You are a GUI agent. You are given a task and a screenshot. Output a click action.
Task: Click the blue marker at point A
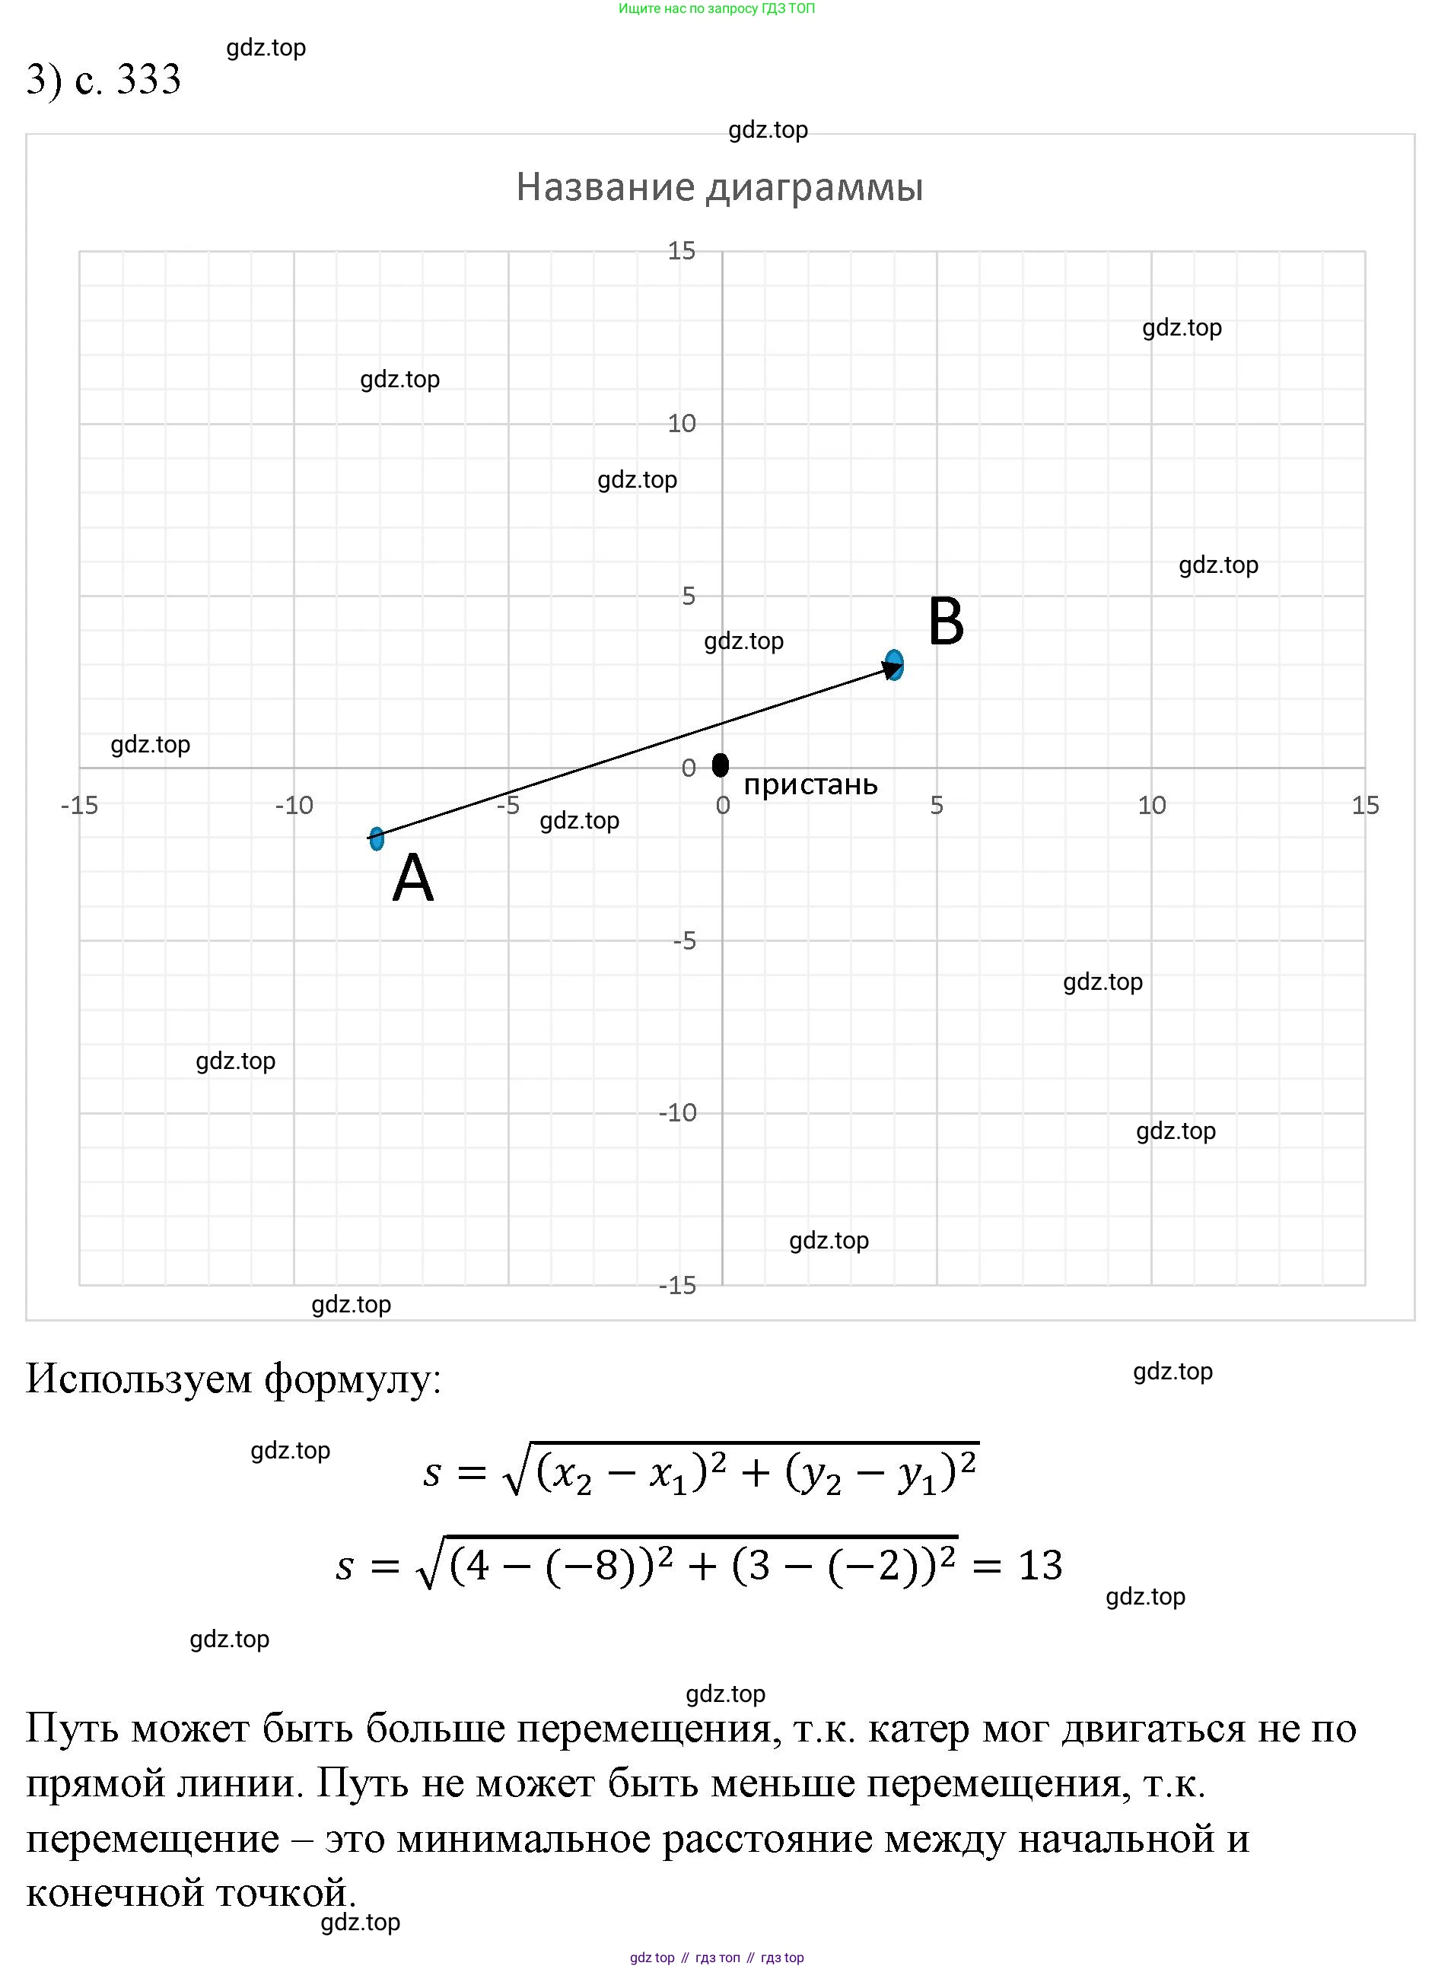[376, 838]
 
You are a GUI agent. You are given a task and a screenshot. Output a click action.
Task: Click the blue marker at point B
[894, 665]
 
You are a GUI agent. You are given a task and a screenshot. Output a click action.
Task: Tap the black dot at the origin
[720, 765]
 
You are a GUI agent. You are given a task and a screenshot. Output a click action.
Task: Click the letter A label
[412, 879]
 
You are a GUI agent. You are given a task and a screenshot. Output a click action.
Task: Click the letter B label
[946, 623]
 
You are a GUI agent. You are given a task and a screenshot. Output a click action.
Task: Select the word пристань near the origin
[810, 785]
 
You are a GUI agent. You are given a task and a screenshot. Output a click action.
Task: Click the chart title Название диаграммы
[719, 186]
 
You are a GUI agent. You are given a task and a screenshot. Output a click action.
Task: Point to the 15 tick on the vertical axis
[682, 251]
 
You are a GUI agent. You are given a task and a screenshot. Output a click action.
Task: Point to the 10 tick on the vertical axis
[682, 424]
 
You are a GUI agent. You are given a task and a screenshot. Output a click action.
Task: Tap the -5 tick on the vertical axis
[685, 940]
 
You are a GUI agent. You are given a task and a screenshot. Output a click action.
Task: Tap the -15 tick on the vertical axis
[677, 1286]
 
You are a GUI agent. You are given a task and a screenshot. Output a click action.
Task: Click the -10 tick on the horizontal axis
[294, 806]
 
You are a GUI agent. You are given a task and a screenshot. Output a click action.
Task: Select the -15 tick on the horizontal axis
[79, 806]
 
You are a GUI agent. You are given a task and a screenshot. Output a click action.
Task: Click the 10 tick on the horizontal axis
[1152, 806]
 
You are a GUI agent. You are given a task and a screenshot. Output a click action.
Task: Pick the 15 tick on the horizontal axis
[1366, 806]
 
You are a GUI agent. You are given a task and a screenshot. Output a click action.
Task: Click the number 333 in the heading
[148, 80]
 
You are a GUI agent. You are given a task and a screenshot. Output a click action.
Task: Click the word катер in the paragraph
[918, 1729]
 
